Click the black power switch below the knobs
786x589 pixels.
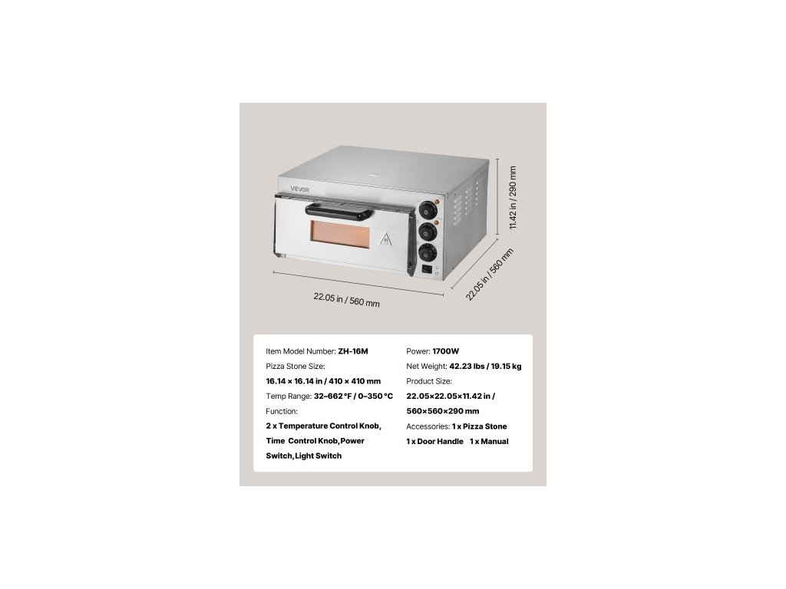pos(427,269)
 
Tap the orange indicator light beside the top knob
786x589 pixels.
pos(437,202)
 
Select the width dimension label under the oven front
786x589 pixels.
pos(346,300)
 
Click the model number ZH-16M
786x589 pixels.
pos(353,351)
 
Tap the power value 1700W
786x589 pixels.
pos(445,351)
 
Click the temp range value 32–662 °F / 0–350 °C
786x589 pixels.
pos(353,397)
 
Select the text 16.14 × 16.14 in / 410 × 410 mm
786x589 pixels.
pos(323,381)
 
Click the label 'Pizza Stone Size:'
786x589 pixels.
pos(296,367)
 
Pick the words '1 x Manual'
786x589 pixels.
pos(489,442)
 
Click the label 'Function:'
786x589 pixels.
pos(282,411)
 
